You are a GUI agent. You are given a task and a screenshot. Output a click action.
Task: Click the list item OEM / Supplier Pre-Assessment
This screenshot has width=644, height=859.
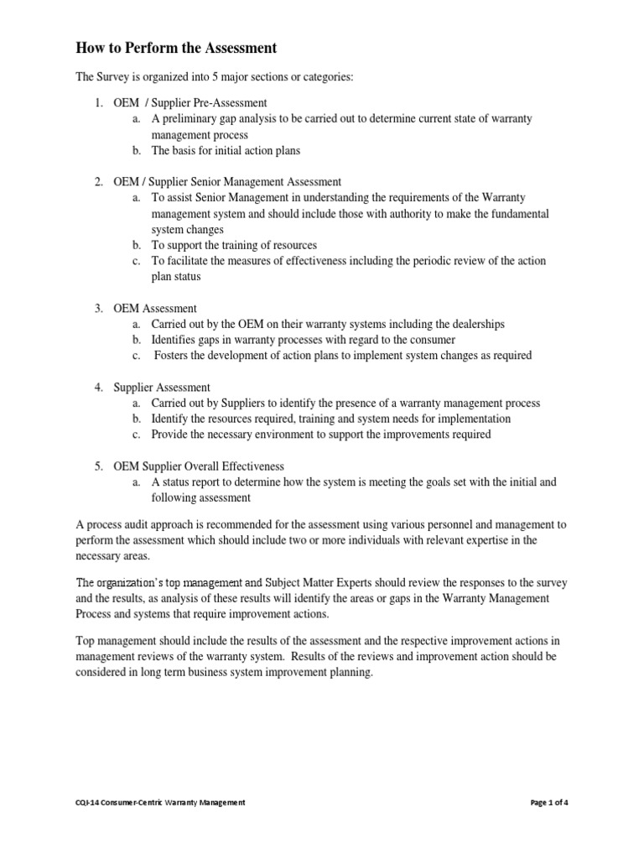190,102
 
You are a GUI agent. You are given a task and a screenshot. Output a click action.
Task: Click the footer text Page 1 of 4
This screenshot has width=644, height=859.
549,803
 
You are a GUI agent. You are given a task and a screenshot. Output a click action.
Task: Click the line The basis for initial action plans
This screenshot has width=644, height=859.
226,151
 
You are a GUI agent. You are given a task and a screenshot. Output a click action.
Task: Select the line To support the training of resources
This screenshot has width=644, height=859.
234,245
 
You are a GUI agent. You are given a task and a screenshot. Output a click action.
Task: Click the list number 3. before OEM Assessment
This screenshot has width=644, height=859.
98,309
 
